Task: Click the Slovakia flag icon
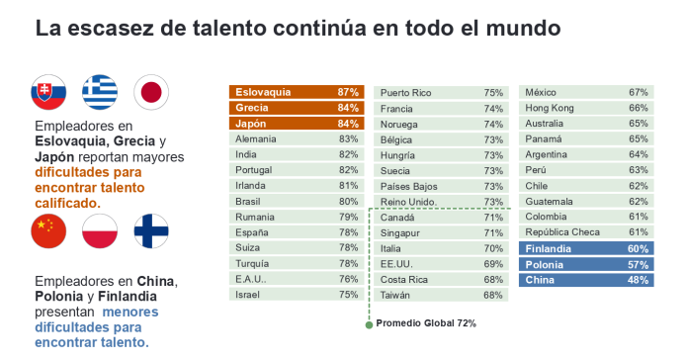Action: tap(48, 92)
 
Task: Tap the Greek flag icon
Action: tap(100, 92)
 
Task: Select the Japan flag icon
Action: tap(151, 92)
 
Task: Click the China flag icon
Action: tap(48, 231)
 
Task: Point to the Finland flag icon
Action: tap(151, 231)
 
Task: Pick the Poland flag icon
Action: tap(100, 231)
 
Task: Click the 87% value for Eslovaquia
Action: tap(347, 92)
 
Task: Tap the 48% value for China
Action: tap(638, 281)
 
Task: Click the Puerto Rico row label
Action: tap(405, 92)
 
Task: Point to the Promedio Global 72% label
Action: tap(426, 323)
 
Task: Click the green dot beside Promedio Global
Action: tap(369, 323)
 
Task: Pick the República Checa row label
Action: tap(561, 233)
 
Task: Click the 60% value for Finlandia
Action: tap(638, 249)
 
